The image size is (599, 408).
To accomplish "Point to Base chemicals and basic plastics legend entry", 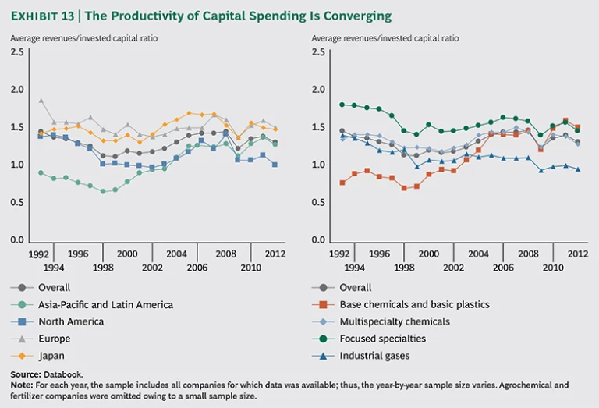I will (x=425, y=305).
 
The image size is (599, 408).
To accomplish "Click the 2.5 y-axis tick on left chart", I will (x=16, y=52).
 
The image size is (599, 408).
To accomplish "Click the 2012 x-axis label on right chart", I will (x=577, y=254).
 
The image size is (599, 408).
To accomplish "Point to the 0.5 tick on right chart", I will (x=318, y=203).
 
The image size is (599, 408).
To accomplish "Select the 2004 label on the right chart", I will (x=477, y=254).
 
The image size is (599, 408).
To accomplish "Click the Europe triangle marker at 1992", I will (x=41, y=100).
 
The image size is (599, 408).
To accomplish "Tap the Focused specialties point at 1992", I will (x=342, y=105).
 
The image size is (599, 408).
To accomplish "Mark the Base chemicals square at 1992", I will (x=342, y=183).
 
